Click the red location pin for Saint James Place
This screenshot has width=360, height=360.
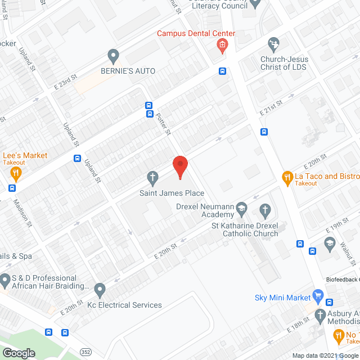click(x=179, y=166)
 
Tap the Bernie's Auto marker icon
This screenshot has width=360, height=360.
click(x=114, y=56)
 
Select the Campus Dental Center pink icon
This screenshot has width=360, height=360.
click(x=223, y=45)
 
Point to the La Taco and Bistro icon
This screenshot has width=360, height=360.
click(x=287, y=178)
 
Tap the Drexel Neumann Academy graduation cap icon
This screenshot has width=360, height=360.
click(x=241, y=208)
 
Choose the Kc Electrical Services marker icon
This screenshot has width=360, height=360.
click(x=100, y=290)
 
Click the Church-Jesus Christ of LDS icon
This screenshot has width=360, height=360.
click(x=274, y=43)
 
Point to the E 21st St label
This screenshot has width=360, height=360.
click(x=278, y=105)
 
